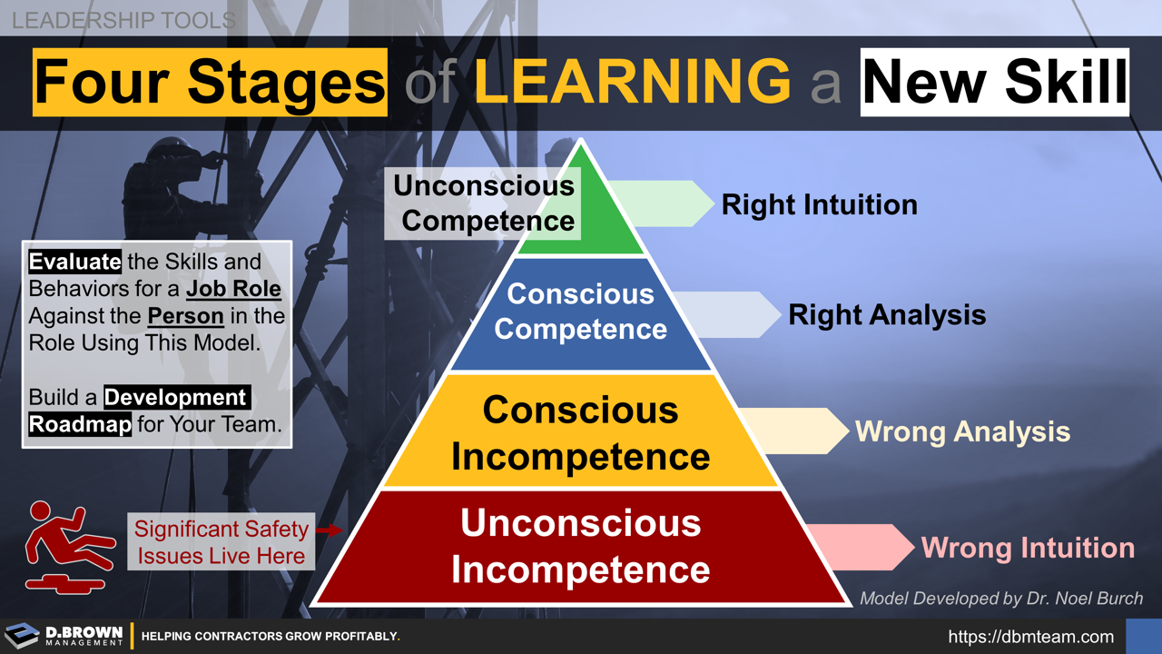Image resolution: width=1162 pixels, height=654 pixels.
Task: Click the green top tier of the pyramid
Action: (x=581, y=218)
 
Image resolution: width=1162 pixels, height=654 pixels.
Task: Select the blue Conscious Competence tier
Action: (x=581, y=313)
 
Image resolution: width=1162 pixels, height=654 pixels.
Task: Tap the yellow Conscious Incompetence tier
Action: (x=581, y=431)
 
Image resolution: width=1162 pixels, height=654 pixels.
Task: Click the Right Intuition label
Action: (x=819, y=204)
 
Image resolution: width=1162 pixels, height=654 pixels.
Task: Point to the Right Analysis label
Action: (x=887, y=314)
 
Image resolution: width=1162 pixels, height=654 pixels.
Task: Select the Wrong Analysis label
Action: (x=962, y=431)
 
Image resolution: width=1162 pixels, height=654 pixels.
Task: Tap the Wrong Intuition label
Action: (x=1028, y=548)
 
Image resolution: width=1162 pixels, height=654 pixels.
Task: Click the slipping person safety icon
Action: (x=68, y=545)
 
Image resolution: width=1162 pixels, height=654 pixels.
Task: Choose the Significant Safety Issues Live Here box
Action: (x=221, y=542)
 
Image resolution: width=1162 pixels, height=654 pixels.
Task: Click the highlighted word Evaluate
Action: (x=74, y=263)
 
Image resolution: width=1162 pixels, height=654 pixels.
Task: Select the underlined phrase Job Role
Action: (x=233, y=290)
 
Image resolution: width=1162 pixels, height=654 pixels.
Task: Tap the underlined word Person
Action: (x=185, y=316)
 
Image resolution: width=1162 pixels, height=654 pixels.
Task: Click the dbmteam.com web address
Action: (x=1030, y=637)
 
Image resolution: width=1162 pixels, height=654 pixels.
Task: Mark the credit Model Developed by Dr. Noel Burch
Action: (x=1000, y=599)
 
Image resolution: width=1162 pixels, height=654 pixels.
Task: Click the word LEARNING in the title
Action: (x=633, y=81)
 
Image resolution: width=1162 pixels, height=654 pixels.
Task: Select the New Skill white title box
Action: (x=994, y=82)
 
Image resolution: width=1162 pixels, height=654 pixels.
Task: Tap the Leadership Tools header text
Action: (x=123, y=19)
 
